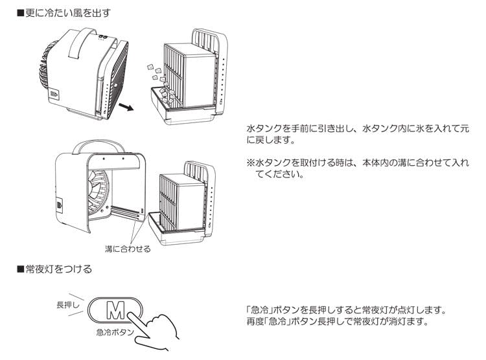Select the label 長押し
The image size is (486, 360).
[x=68, y=304]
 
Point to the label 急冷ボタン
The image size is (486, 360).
[x=114, y=332]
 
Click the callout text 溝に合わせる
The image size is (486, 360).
[x=127, y=249]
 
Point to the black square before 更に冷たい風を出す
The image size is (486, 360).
[x=20, y=12]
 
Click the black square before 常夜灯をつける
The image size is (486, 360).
[x=20, y=268]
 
